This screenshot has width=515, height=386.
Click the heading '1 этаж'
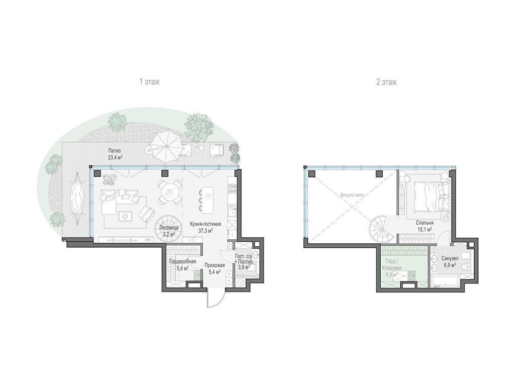(149, 82)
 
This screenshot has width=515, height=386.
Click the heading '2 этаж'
(386, 82)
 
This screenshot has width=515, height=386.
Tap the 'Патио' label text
(115, 150)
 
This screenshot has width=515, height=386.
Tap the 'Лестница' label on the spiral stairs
(167, 227)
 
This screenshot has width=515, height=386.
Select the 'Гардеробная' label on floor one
(180, 261)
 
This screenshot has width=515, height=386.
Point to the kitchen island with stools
(206, 200)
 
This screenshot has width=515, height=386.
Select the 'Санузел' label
(449, 258)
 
